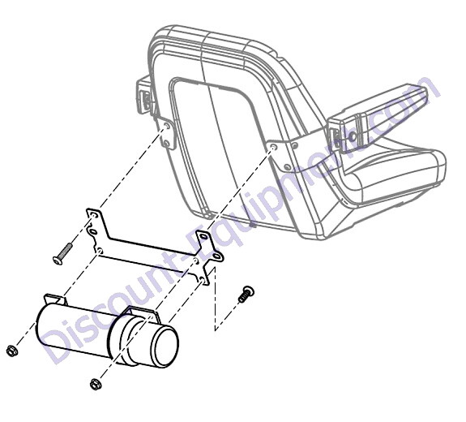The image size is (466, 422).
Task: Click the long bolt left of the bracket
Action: (x=62, y=254)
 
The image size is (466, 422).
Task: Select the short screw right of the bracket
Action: (x=246, y=294)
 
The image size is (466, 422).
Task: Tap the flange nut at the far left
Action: (x=12, y=351)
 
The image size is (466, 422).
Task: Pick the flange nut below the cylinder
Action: (x=96, y=384)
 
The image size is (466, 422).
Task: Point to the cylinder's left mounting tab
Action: (x=56, y=299)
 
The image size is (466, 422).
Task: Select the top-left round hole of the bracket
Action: (x=94, y=215)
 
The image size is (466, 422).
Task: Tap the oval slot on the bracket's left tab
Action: (x=92, y=231)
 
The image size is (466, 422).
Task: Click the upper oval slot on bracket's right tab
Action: (x=203, y=237)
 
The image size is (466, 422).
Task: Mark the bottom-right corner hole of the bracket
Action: (x=202, y=279)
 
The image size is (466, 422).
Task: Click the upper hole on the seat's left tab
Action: (x=167, y=127)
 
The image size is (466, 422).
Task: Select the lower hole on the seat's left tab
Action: (x=167, y=144)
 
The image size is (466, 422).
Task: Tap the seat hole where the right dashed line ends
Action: (x=273, y=148)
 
